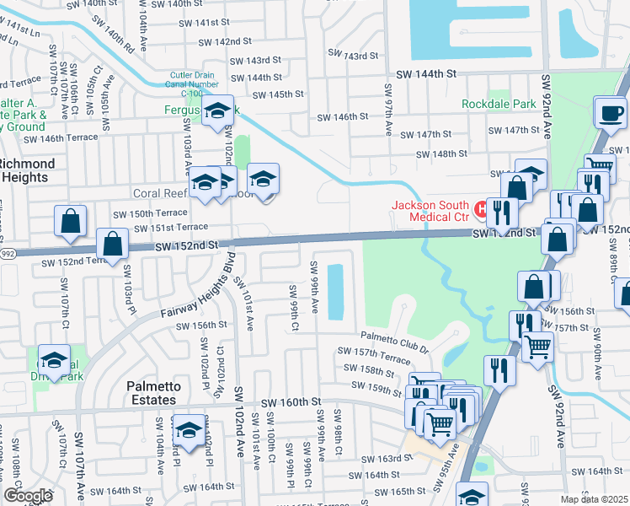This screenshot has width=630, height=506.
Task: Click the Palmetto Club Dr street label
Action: click(396, 338)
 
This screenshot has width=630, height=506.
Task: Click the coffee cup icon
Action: click(609, 110)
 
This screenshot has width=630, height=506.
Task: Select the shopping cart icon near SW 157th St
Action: click(538, 345)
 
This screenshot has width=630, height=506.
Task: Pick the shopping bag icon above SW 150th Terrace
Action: click(72, 221)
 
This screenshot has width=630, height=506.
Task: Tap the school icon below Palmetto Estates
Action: click(190, 430)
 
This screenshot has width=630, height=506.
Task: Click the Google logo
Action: click(27, 496)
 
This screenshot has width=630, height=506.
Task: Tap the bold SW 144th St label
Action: click(426, 74)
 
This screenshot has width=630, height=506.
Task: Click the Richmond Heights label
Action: click(27, 170)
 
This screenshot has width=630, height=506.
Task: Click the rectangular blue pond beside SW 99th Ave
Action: click(336, 292)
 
